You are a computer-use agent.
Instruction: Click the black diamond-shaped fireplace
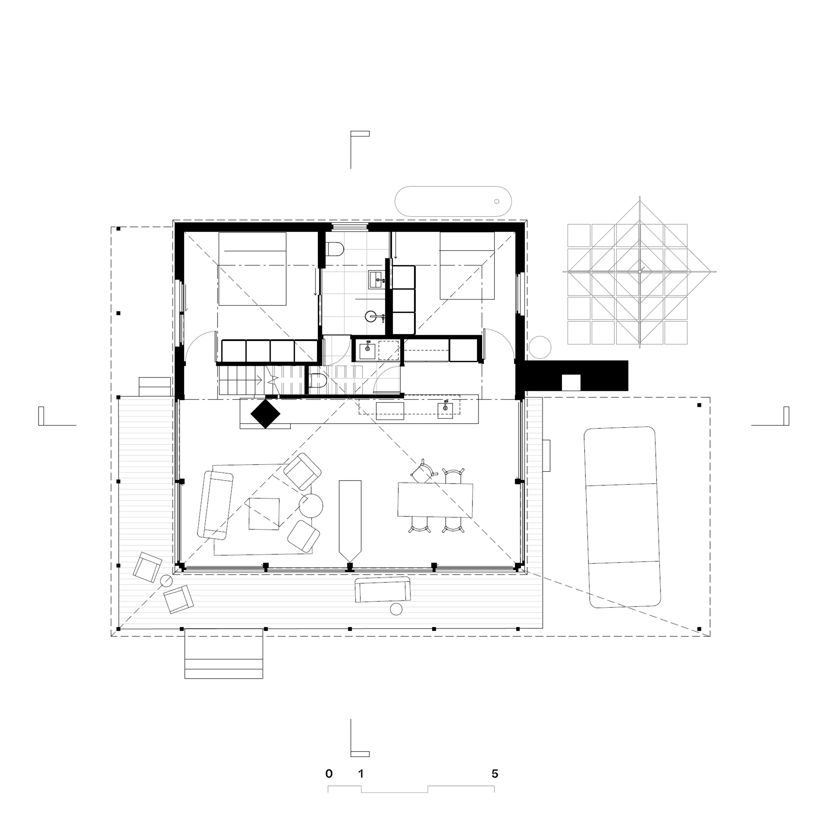tap(265, 413)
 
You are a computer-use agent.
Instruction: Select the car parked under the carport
tap(622, 517)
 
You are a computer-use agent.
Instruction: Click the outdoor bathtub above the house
tap(453, 202)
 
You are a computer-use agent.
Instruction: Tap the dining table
tap(435, 500)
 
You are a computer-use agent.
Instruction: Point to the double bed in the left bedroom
tap(252, 269)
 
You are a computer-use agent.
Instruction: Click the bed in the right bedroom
tap(467, 266)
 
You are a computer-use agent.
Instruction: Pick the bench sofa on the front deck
tap(383, 590)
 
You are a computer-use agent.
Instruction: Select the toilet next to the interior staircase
tap(318, 381)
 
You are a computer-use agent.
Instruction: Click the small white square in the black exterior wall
tap(571, 382)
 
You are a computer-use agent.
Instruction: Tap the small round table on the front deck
tap(396, 610)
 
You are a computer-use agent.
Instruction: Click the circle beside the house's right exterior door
tap(540, 347)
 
